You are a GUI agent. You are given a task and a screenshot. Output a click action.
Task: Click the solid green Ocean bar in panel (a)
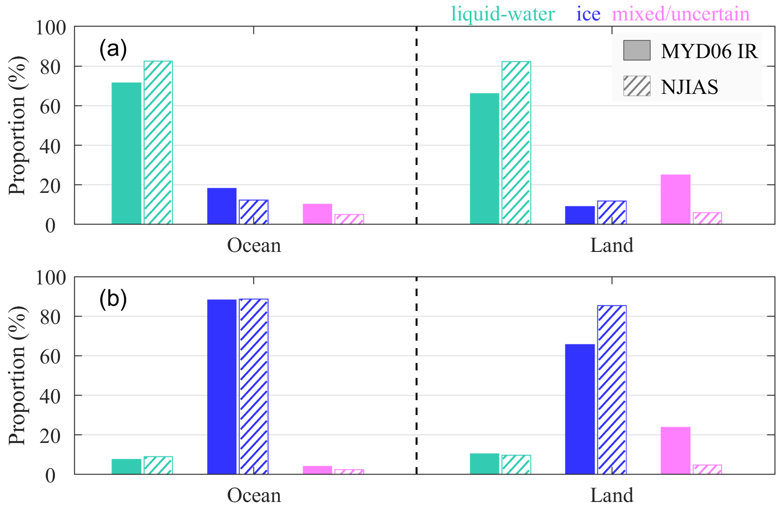click(126, 153)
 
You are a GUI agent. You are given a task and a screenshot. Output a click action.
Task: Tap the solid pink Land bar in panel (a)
click(675, 199)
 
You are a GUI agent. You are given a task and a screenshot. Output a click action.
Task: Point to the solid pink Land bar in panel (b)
click(675, 450)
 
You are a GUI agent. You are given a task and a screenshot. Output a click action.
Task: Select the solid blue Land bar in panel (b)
click(580, 409)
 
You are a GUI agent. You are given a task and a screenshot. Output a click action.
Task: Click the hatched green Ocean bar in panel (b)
click(158, 465)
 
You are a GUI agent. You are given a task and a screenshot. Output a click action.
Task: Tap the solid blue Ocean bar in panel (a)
click(222, 206)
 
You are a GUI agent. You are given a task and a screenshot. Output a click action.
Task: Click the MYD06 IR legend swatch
click(636, 51)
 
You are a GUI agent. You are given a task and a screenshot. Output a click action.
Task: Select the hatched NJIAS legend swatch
click(636, 86)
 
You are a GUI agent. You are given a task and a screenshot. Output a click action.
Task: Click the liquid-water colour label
click(503, 14)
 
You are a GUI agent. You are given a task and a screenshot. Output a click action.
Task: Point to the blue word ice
click(588, 14)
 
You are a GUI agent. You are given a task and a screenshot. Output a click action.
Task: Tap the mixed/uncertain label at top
click(680, 14)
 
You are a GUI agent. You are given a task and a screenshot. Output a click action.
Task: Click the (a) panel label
click(113, 49)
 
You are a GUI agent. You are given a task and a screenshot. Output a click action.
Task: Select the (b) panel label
click(113, 299)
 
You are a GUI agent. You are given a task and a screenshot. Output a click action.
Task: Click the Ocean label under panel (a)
click(254, 245)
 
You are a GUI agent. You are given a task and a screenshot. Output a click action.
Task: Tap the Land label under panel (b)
click(611, 495)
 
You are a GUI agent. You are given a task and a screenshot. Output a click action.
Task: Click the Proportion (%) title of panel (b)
click(17, 376)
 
